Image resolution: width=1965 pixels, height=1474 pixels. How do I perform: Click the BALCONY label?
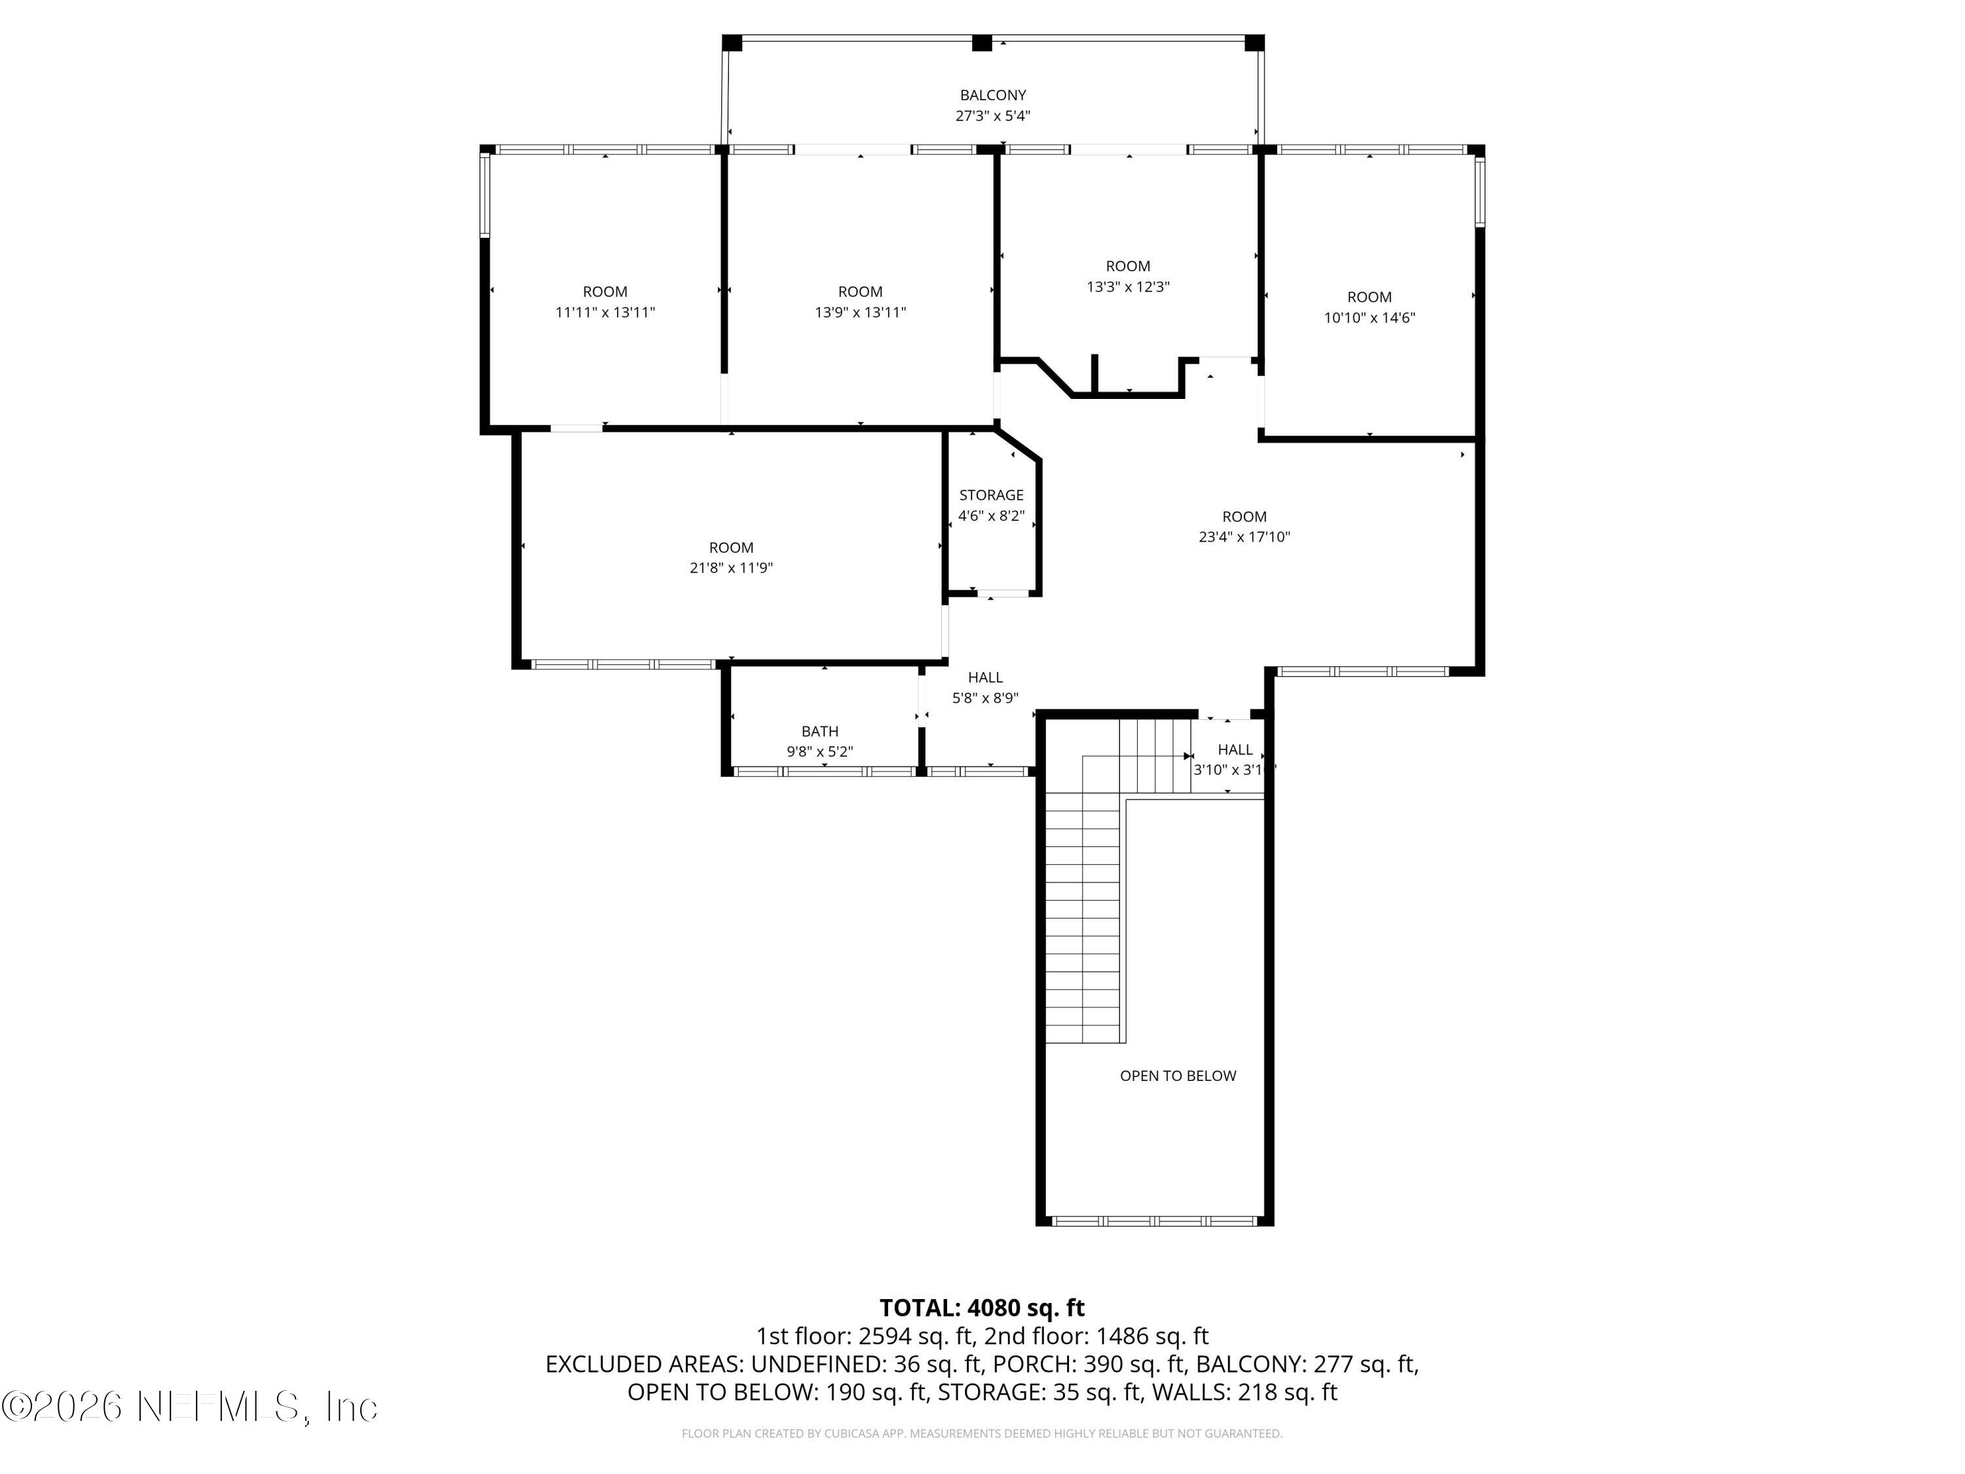(992, 95)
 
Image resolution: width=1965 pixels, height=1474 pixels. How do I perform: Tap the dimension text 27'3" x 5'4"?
(992, 115)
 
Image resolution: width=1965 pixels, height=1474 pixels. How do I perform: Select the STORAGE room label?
(992, 495)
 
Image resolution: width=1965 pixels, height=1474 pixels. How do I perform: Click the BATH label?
(820, 731)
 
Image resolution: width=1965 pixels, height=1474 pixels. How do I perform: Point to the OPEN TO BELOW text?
(1178, 1076)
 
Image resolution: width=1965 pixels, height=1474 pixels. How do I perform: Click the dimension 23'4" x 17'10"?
(1244, 537)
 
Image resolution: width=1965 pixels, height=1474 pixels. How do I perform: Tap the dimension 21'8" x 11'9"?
(731, 568)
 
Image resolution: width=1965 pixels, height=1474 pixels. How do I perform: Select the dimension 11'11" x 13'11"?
(605, 312)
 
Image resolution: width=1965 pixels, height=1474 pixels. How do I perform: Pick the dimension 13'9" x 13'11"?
(860, 312)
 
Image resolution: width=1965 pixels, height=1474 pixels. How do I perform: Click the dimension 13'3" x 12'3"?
(1128, 287)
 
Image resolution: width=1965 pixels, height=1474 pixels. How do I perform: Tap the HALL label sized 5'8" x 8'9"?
(985, 677)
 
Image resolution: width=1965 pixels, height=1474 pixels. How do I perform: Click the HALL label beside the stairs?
(1235, 750)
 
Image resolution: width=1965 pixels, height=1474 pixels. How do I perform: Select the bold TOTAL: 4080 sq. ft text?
(982, 1308)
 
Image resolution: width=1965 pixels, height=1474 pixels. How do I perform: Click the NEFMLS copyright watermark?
(190, 1407)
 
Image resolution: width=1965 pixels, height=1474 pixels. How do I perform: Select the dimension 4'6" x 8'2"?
(992, 516)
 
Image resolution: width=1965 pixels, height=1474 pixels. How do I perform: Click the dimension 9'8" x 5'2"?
(820, 751)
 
